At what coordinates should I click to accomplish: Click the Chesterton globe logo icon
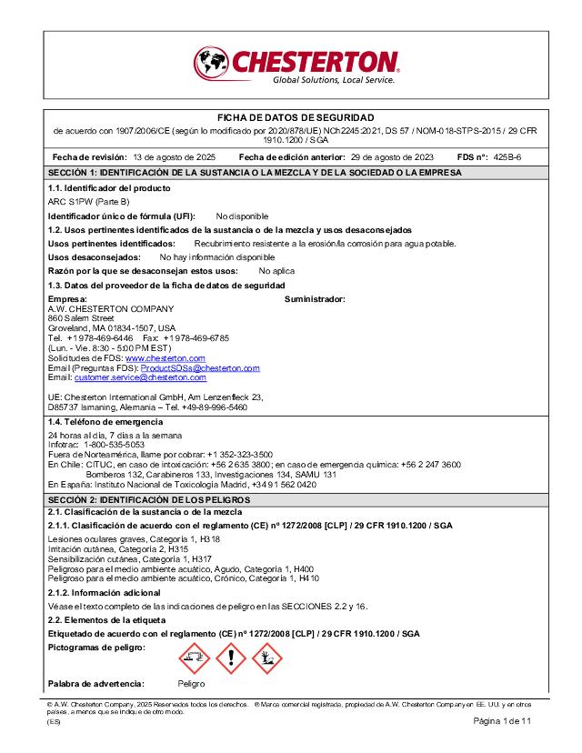pos(211,63)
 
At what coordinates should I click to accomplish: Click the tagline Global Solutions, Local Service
pos(334,80)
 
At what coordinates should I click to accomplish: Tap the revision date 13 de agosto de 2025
pos(174,156)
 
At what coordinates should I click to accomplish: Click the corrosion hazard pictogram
pos(193,658)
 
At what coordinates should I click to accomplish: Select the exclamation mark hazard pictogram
pos(230,658)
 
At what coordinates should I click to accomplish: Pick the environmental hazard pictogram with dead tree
pos(267,658)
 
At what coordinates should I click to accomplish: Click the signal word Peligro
pos(191,684)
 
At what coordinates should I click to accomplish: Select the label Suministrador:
pos(315,299)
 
